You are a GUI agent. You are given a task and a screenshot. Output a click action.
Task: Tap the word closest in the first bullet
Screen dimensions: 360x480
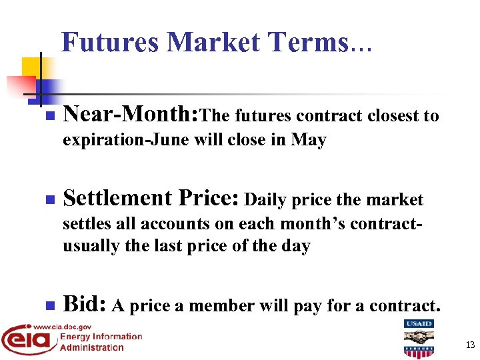click(x=392, y=116)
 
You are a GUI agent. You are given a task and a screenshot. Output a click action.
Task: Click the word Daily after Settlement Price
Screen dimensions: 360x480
click(x=266, y=199)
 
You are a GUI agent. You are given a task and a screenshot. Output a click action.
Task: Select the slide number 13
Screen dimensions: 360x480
click(x=470, y=345)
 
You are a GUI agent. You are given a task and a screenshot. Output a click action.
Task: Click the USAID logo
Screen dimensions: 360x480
click(x=418, y=339)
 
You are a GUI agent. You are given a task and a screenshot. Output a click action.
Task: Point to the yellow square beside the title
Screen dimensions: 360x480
click(x=31, y=67)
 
